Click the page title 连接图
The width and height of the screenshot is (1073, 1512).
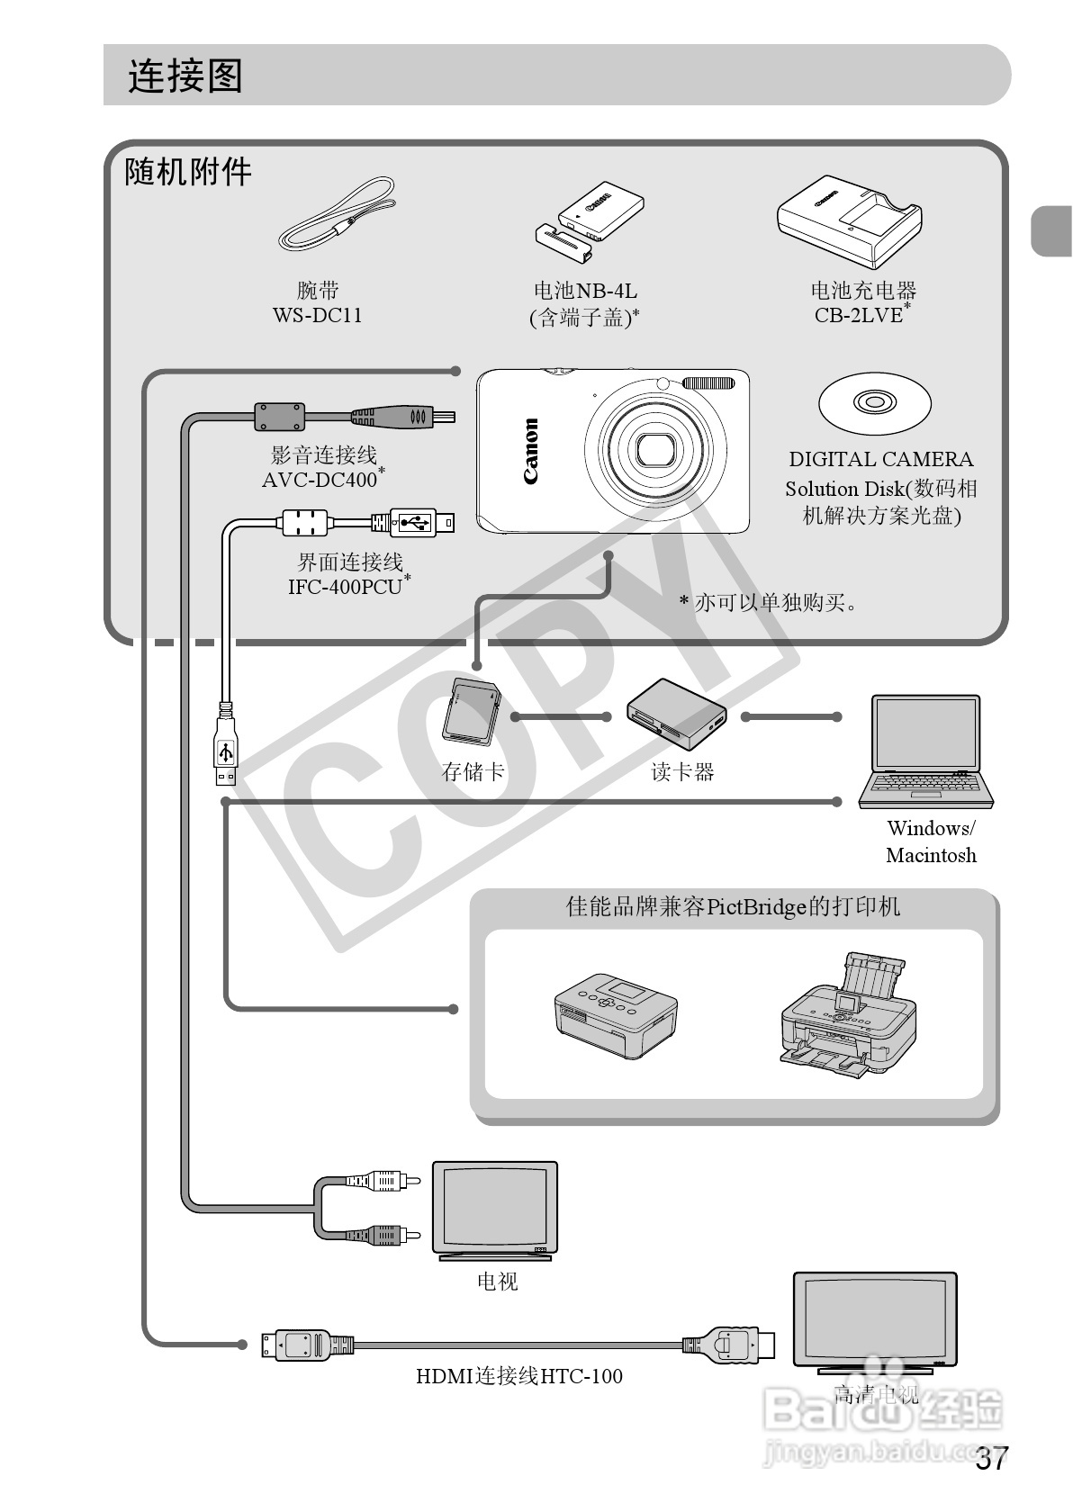pyautogui.click(x=185, y=76)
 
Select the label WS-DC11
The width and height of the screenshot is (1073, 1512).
pyautogui.click(x=317, y=315)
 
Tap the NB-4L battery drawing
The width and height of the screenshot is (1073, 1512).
pyautogui.click(x=590, y=221)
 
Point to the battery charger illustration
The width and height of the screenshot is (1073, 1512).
pyautogui.click(x=850, y=220)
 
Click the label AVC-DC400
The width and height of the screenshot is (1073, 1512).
pyautogui.click(x=320, y=480)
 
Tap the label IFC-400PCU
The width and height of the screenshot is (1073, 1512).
pyautogui.click(x=344, y=587)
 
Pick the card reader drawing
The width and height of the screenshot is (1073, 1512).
pyautogui.click(x=676, y=715)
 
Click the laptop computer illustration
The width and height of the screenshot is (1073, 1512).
pyautogui.click(x=926, y=752)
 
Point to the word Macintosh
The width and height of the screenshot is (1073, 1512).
pyautogui.click(x=930, y=855)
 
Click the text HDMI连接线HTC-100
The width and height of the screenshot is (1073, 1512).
pyautogui.click(x=518, y=1376)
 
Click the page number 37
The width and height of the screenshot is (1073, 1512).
pyautogui.click(x=992, y=1460)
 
